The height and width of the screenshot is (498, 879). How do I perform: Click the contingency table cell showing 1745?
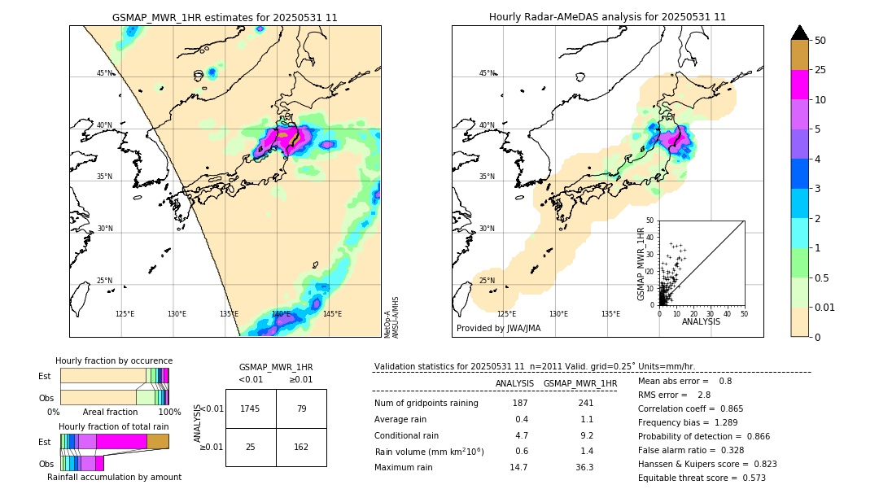tap(251, 408)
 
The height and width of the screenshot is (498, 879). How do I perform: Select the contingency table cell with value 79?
tap(301, 408)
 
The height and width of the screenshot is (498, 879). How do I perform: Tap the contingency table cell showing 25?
tap(251, 447)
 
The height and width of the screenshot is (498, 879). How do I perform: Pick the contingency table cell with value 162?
tap(301, 447)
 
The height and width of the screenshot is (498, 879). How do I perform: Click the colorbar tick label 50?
tap(820, 41)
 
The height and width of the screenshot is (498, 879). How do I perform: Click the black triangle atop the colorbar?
tap(800, 33)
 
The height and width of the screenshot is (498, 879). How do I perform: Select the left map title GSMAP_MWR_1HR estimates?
tap(225, 17)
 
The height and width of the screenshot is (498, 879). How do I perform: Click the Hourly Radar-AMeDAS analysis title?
tap(607, 17)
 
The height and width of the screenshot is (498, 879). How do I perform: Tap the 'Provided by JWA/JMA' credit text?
tap(498, 328)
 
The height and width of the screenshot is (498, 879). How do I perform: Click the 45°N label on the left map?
tap(105, 73)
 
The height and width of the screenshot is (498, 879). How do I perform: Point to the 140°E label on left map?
tap(281, 314)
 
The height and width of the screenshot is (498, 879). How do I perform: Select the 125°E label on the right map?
tap(506, 314)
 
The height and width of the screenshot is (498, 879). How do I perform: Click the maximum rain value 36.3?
tap(584, 467)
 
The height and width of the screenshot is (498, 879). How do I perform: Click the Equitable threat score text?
tap(702, 478)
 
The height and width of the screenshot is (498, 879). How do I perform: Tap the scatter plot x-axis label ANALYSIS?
tap(701, 321)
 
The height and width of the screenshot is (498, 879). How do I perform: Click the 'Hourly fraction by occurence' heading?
tap(114, 360)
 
